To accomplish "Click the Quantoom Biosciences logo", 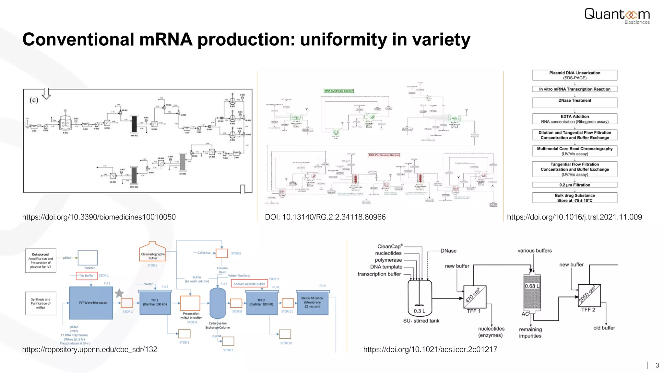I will click(x=617, y=16).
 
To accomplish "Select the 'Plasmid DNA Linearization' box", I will click(x=575, y=75).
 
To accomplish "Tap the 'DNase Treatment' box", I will click(x=575, y=102).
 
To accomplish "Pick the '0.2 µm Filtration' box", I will click(x=575, y=185).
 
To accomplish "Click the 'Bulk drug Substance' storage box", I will click(x=575, y=198).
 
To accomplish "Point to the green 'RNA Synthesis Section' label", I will click(x=339, y=91).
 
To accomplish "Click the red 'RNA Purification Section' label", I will click(x=384, y=155).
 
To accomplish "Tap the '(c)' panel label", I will click(x=34, y=100).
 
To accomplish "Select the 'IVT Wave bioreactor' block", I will click(x=91, y=303).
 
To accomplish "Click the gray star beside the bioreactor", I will click(x=119, y=293).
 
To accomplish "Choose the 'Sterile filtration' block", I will click(x=312, y=302).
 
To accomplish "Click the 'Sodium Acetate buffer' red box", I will click(x=249, y=284).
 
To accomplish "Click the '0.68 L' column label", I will click(x=532, y=286).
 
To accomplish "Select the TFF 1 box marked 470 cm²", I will click(x=475, y=297).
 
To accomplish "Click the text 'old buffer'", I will click(x=604, y=328).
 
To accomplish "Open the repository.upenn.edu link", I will click(x=90, y=349).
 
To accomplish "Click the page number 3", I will click(x=657, y=366).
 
